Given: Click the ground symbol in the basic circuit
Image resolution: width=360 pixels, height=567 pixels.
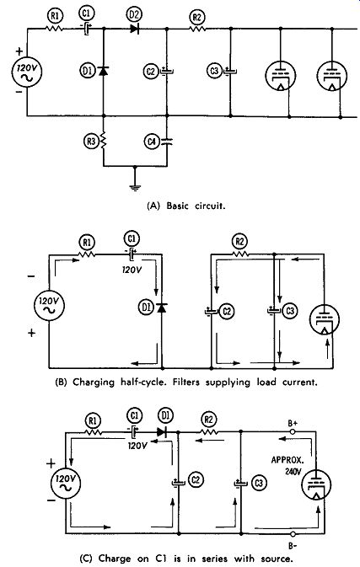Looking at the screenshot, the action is click(135, 187).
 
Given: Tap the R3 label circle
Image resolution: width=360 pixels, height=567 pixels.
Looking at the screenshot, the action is click(89, 142).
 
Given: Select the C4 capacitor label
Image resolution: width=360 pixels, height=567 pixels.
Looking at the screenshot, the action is click(151, 142).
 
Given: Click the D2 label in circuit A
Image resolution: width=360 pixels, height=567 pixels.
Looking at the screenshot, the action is click(134, 15).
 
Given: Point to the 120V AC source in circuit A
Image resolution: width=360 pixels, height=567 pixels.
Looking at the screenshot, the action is click(27, 72).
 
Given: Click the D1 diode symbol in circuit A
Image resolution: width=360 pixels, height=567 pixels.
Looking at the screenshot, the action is click(104, 71).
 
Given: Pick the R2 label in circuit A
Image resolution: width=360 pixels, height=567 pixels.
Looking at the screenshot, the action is click(197, 17).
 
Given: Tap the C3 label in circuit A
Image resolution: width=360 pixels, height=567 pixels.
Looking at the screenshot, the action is click(214, 71).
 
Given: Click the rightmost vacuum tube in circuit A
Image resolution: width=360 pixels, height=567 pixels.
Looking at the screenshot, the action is click(332, 77).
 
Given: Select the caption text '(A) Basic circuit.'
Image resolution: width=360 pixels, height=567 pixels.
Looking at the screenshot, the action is click(186, 206).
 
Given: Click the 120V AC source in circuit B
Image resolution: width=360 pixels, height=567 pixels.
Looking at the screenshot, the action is click(49, 306).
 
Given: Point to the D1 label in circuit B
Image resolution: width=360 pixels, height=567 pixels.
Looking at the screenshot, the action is click(146, 308).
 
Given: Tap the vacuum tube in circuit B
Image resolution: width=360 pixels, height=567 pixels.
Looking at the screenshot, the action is click(325, 319).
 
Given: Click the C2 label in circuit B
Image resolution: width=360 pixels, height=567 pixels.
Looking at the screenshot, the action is click(227, 312).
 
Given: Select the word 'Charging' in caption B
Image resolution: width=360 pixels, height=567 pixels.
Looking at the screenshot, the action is click(94, 382).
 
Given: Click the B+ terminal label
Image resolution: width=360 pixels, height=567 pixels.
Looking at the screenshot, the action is click(293, 423).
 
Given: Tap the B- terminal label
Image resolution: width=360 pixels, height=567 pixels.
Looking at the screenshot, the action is click(293, 544).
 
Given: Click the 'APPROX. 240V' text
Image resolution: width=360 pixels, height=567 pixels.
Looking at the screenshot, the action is click(287, 466).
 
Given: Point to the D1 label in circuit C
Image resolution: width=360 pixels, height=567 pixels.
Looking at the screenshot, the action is click(165, 416).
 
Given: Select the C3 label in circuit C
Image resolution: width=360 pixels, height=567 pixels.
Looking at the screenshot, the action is click(259, 483).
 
